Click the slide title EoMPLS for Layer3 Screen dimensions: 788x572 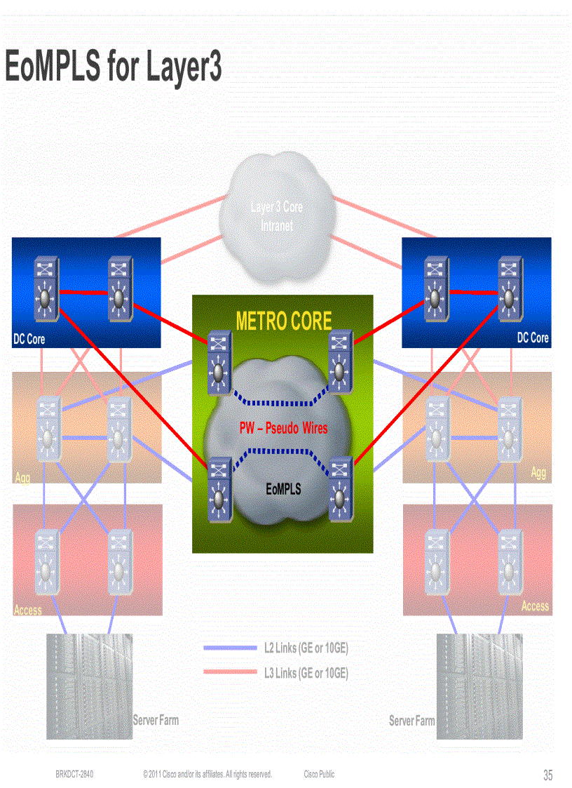(x=114, y=67)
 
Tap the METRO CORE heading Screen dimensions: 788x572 (x=283, y=321)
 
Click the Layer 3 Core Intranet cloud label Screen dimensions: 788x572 (x=277, y=216)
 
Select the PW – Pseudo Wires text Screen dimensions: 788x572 (x=283, y=427)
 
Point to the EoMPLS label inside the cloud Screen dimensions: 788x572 (x=283, y=489)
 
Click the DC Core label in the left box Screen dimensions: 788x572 (x=29, y=339)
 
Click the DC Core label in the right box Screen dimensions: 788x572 (x=533, y=338)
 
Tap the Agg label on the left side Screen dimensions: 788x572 (x=22, y=478)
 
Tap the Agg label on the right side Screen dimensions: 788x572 (x=538, y=473)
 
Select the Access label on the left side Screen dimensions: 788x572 (x=28, y=610)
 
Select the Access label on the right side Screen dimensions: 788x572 (x=535, y=606)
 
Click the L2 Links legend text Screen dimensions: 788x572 (x=306, y=648)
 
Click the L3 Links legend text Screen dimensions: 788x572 (x=306, y=673)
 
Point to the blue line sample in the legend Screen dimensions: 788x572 (x=229, y=648)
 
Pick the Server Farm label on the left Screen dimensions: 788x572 (x=156, y=720)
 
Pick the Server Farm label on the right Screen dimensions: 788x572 (x=411, y=721)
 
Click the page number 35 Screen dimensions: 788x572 (x=547, y=775)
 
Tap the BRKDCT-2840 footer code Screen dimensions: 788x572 (x=74, y=774)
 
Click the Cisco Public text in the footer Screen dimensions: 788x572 (x=319, y=774)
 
